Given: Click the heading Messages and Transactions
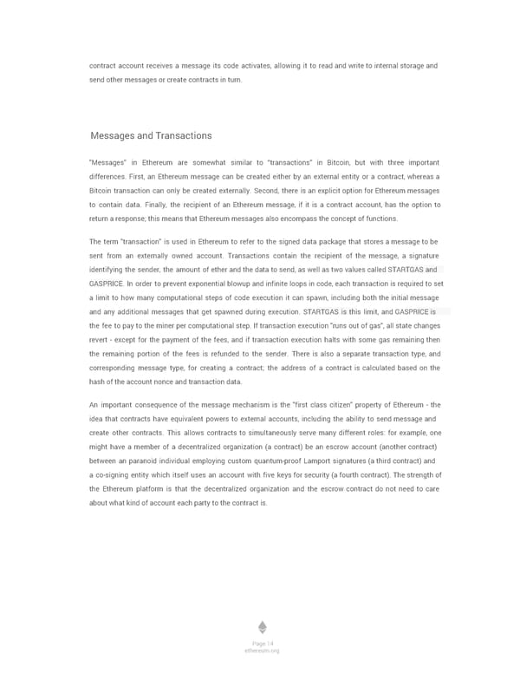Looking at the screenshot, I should click(x=151, y=135).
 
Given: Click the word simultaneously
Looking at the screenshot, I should click(x=265, y=433).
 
